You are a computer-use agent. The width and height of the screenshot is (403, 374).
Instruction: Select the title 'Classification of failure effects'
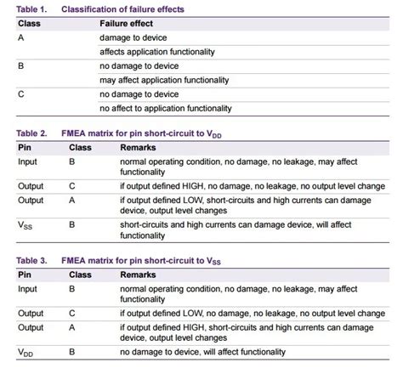tap(139, 8)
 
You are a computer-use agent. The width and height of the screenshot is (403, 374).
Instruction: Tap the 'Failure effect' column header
tap(127, 23)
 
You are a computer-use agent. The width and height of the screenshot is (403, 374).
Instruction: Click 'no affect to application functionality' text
tap(166, 108)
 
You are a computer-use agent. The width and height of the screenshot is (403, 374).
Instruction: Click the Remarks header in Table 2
tap(139, 148)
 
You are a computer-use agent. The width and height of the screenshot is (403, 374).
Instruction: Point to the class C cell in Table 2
tap(74, 184)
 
